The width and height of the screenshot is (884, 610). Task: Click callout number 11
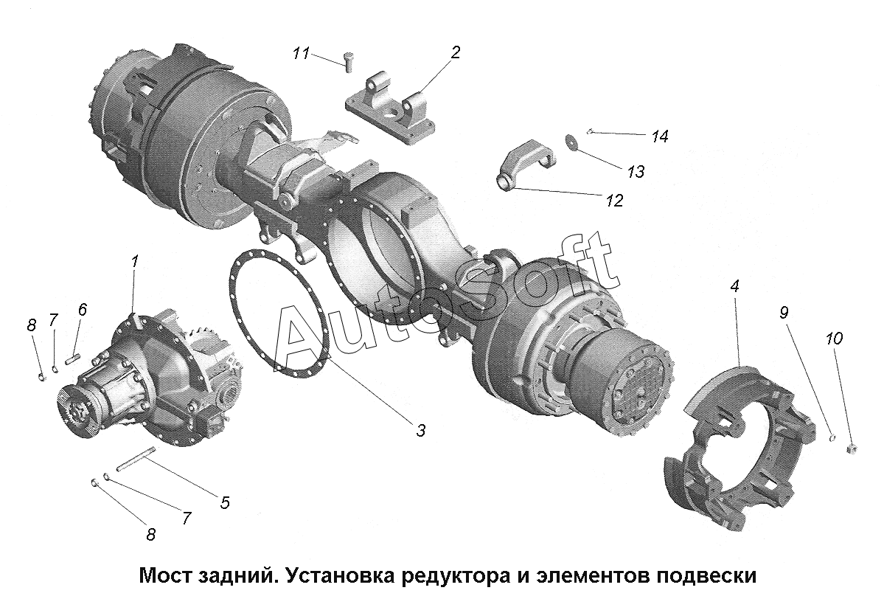click(301, 54)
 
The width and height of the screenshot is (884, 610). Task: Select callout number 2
click(455, 52)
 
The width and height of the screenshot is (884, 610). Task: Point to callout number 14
click(660, 136)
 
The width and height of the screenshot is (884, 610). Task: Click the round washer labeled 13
click(572, 142)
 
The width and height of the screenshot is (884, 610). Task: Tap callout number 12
click(614, 200)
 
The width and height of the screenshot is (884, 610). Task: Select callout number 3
click(420, 431)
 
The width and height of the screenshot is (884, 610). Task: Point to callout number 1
click(135, 262)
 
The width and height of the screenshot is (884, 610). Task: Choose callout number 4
click(734, 286)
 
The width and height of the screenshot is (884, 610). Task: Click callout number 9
click(784, 312)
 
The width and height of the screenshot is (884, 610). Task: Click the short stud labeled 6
click(74, 358)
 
